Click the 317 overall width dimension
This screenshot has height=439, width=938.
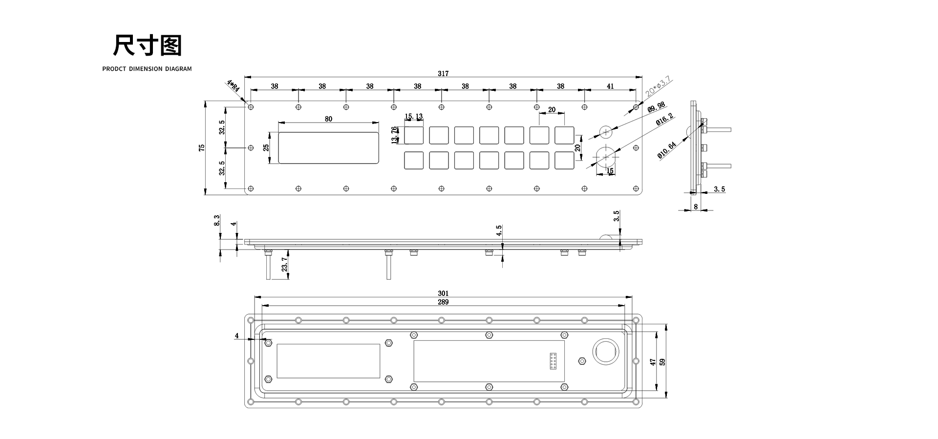(x=443, y=74)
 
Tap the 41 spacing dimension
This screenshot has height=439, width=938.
(x=610, y=86)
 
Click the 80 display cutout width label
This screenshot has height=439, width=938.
(x=328, y=119)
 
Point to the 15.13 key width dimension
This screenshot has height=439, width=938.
(x=414, y=117)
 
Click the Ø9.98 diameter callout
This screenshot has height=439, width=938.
(x=656, y=107)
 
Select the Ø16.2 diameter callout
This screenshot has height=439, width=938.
(x=664, y=120)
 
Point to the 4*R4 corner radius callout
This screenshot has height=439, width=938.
(x=233, y=87)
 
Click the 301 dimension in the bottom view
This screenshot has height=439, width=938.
(x=443, y=293)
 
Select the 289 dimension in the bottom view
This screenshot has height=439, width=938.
(x=443, y=302)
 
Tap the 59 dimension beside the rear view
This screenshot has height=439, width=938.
(x=662, y=362)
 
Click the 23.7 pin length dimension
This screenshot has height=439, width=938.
(x=284, y=265)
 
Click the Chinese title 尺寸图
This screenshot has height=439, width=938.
(x=147, y=45)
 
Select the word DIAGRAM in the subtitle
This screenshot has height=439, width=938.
(x=178, y=69)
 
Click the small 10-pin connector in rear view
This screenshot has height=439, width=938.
(x=553, y=361)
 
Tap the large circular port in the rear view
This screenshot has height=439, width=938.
(x=606, y=351)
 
